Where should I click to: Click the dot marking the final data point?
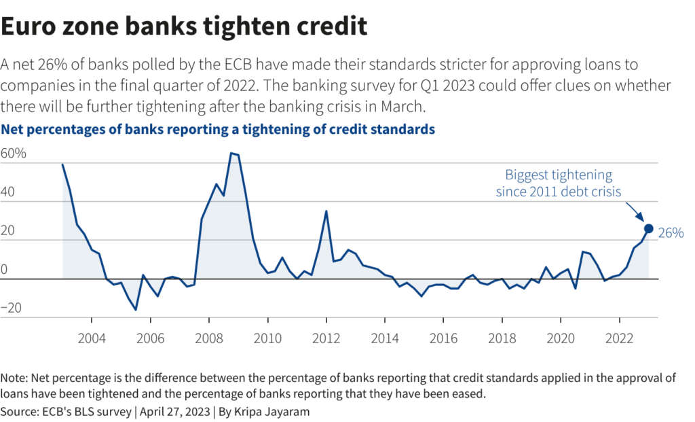click(x=648, y=229)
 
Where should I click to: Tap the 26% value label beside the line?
click(x=671, y=233)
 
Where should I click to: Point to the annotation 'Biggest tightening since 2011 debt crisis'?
click(x=558, y=183)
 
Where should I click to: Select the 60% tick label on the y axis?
click(x=14, y=154)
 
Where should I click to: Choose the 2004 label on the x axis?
click(x=91, y=338)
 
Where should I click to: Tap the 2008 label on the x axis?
click(x=208, y=338)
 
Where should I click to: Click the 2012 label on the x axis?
click(x=326, y=338)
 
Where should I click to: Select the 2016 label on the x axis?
click(x=444, y=338)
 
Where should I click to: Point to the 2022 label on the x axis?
click(x=620, y=338)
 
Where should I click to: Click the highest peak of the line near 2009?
click(x=231, y=153)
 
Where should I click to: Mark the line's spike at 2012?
click(x=326, y=211)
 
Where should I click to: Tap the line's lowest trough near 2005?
click(x=136, y=309)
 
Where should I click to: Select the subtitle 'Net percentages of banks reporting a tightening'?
click(x=218, y=128)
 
